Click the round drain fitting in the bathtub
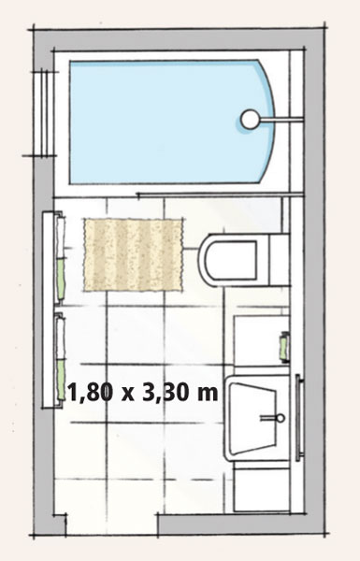250,119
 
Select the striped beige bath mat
134,254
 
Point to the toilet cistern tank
279,260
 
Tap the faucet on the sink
273,418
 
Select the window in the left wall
45,113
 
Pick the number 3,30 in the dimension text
165,393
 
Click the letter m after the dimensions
207,394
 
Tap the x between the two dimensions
127,395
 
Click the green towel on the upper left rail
61,279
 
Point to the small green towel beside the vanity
284,347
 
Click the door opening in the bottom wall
112,525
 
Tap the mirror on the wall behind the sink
299,418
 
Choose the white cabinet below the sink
261,488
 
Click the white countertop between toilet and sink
261,341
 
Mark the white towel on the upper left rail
61,237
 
